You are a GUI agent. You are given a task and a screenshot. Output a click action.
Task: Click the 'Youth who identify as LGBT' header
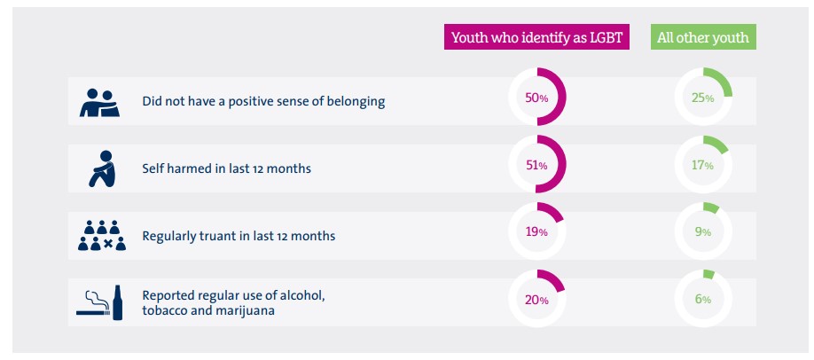536,37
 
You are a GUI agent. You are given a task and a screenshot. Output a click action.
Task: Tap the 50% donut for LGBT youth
536,98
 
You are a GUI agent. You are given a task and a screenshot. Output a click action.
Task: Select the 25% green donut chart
703,98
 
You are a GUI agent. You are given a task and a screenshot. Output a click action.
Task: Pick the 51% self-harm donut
536,165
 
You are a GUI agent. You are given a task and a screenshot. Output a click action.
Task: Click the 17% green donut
703,165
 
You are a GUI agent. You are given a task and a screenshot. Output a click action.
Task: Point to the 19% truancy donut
536,231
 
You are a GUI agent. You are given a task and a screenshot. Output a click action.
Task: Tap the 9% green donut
703,231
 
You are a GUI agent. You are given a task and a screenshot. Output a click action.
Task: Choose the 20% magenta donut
536,300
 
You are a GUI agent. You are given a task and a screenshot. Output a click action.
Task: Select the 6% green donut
703,300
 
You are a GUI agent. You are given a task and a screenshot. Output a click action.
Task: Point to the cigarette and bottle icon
100,302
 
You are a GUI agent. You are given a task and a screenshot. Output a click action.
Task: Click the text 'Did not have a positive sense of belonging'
263,101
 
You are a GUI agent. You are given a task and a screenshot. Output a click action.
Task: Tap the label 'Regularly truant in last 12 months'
239,236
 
